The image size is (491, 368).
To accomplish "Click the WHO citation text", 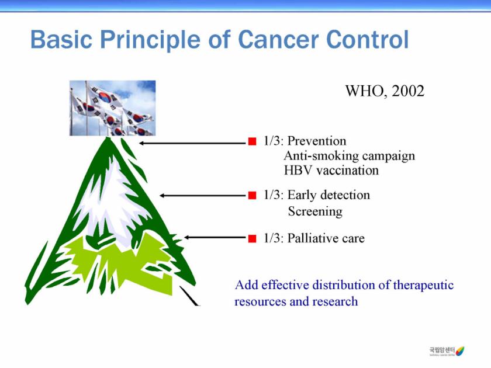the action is [385, 91].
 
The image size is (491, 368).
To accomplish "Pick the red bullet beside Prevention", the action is [252, 141].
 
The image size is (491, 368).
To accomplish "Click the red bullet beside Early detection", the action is [252, 196].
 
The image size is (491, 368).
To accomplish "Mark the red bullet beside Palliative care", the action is [252, 238].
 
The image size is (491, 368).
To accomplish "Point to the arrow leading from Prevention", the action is [193, 143].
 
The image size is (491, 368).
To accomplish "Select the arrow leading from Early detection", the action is [203, 196].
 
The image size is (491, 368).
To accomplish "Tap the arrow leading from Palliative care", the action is [216, 238].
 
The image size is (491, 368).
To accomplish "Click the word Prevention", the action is [317, 141].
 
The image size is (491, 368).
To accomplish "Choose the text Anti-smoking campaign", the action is [349, 155].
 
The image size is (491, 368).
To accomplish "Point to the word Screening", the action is [315, 211].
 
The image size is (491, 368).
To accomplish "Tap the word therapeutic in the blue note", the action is [423, 285].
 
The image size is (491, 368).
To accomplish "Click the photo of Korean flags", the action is [112, 108].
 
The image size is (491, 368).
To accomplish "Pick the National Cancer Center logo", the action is [447, 351].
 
